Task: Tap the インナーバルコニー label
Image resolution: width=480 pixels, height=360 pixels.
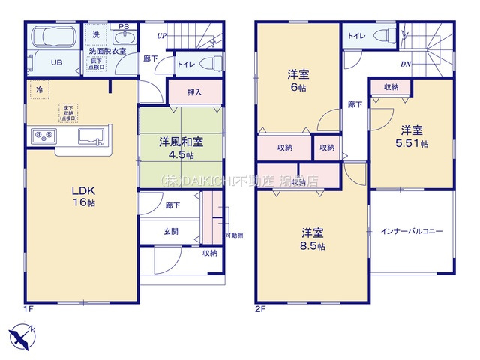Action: click(412, 232)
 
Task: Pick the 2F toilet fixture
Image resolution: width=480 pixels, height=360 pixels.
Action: click(381, 34)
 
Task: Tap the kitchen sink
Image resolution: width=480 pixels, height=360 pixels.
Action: click(91, 136)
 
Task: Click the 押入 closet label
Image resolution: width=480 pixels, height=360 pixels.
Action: click(195, 91)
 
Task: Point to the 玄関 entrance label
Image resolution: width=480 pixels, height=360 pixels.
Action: click(171, 231)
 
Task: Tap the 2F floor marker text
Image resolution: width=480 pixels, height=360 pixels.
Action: click(260, 307)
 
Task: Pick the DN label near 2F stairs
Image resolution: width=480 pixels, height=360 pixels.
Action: click(404, 64)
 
